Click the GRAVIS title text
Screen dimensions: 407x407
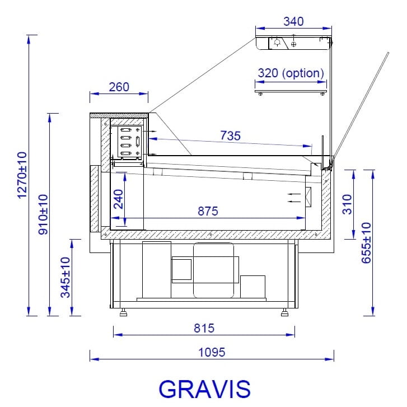click(204, 389)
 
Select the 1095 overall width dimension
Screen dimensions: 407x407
click(212, 352)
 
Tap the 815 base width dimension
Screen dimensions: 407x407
click(204, 328)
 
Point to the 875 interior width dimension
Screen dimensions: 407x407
click(208, 211)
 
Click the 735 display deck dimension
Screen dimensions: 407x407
click(230, 135)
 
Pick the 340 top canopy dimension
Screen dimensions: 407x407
click(293, 21)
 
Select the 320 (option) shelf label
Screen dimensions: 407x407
click(291, 73)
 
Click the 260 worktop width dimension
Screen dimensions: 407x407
click(119, 87)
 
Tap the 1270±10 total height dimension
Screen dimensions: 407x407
click(22, 175)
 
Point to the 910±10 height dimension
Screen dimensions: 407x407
click(43, 214)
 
